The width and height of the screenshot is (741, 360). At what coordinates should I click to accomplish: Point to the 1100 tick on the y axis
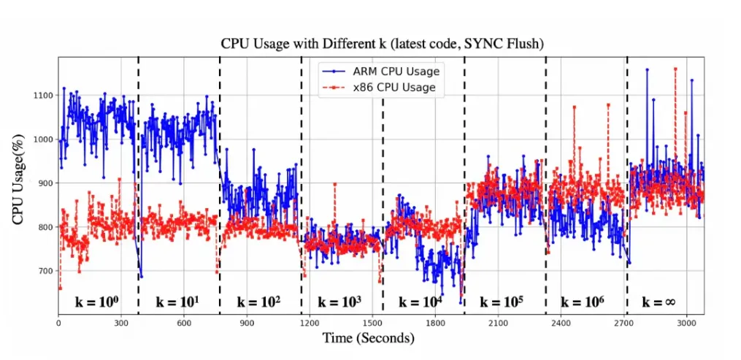[43, 96]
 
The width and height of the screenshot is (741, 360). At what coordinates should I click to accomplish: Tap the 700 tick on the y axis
[45, 271]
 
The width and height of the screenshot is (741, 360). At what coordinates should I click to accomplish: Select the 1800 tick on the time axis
[434, 321]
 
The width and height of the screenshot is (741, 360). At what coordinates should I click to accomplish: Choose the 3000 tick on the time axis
[686, 321]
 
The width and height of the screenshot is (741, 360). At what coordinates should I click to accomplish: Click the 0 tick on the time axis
[58, 321]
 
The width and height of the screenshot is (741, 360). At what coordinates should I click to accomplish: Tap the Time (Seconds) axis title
[369, 339]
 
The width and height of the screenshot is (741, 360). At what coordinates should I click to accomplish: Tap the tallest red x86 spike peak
[675, 69]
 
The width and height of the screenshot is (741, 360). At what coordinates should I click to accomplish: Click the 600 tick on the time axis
[183, 321]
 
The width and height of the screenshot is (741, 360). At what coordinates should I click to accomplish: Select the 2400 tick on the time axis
[560, 321]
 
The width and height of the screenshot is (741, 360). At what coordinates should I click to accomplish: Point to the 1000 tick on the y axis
[43, 139]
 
